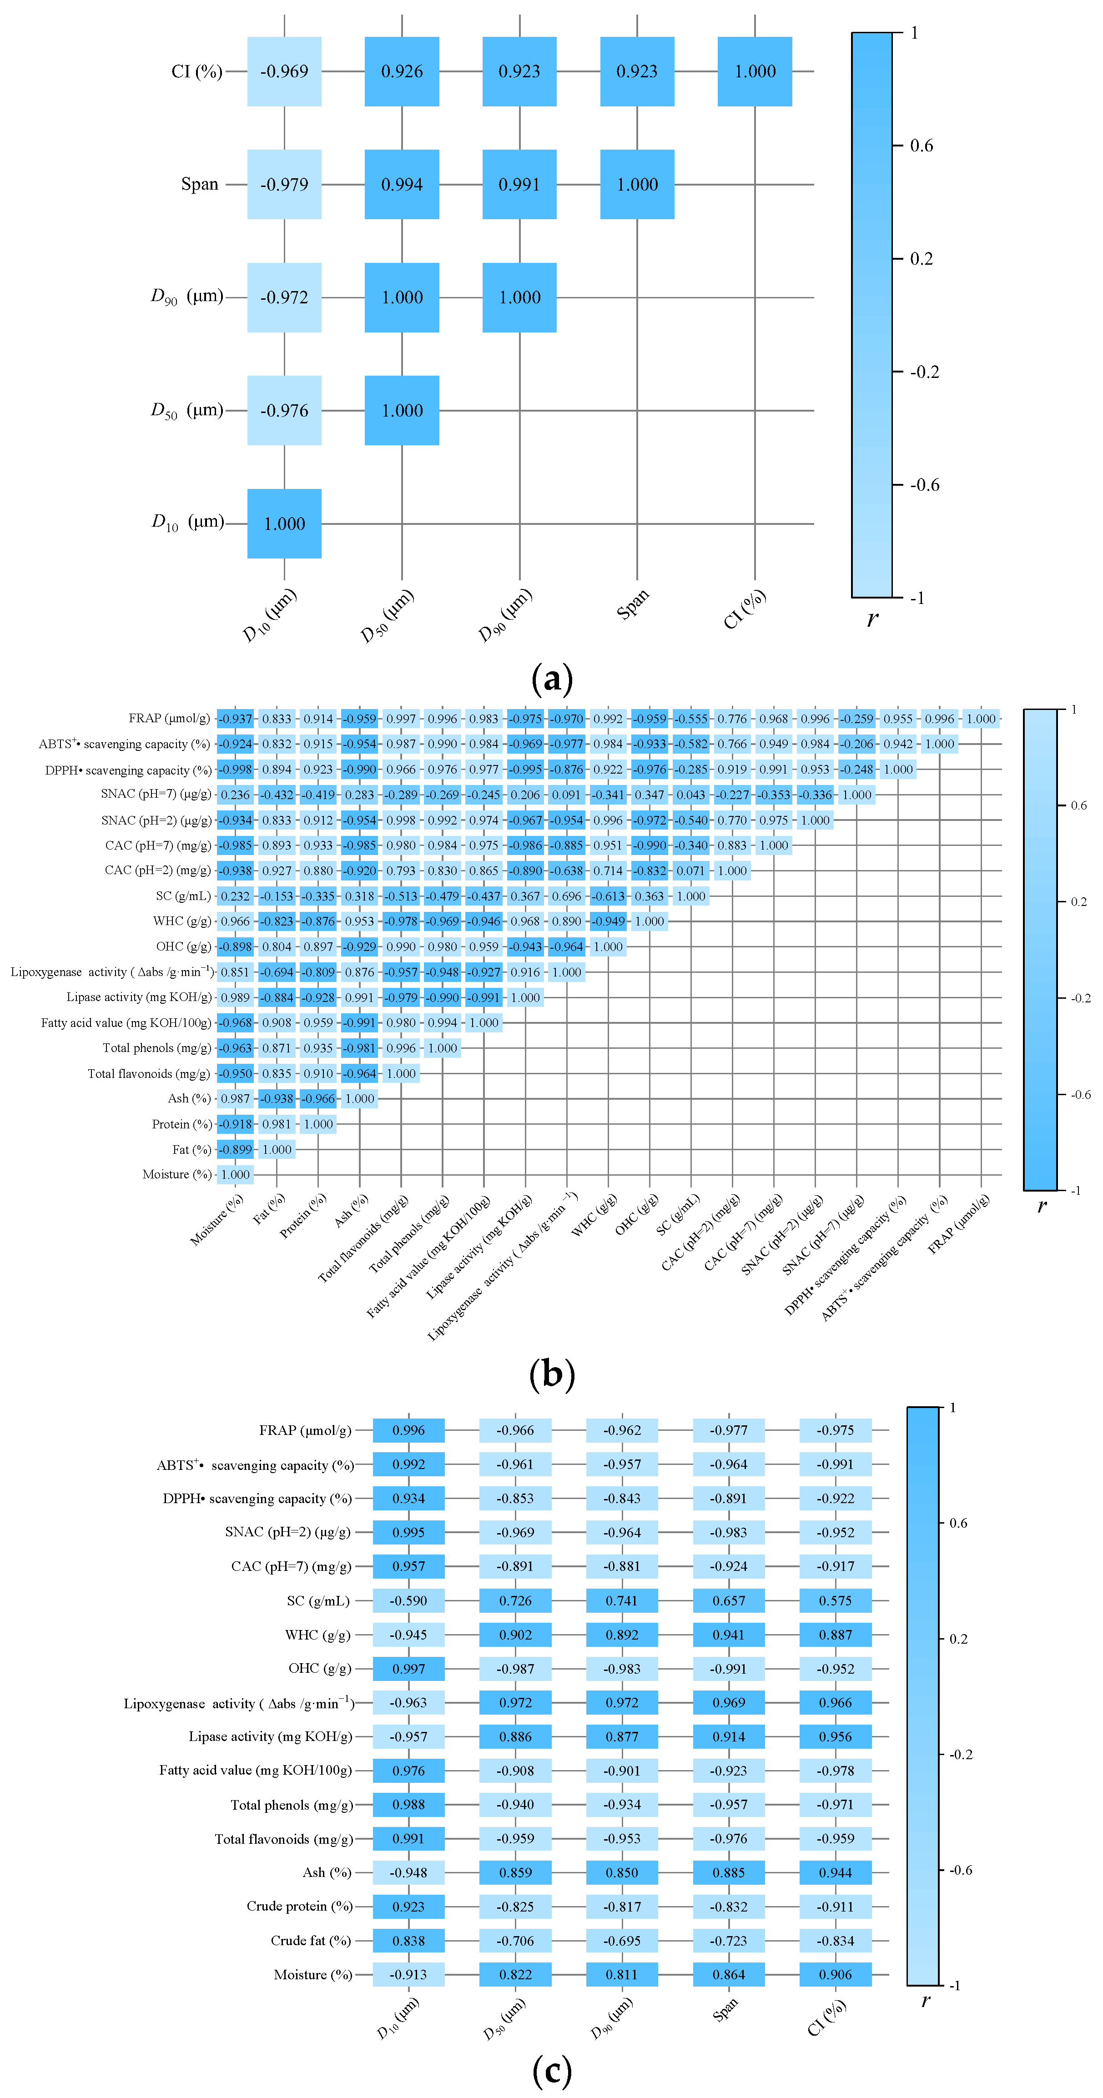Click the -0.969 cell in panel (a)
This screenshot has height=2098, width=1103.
pyautogui.click(x=284, y=72)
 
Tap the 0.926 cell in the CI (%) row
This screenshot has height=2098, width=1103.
pyautogui.click(x=402, y=72)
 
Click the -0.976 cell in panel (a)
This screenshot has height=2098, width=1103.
pyautogui.click(x=284, y=411)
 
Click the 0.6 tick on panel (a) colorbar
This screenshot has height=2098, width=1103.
pyautogui.click(x=922, y=146)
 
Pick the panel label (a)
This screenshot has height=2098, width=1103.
pyautogui.click(x=551, y=678)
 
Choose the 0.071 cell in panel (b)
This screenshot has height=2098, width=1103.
pyautogui.click(x=691, y=870)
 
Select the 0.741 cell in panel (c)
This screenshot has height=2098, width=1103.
pyautogui.click(x=622, y=1600)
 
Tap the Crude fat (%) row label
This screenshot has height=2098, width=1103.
pyautogui.click(x=310, y=1941)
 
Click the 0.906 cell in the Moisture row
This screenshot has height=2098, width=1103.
pyautogui.click(x=835, y=1974)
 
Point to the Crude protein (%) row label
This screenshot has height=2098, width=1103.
pyautogui.click(x=299, y=1907)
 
